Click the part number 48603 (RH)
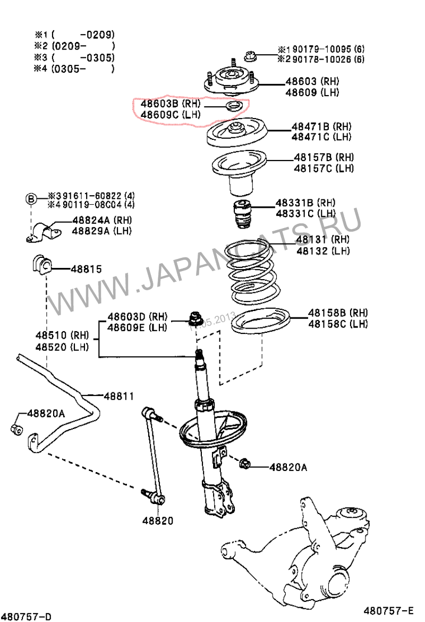click(312, 81)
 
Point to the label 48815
click(86, 270)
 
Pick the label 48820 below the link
click(157, 521)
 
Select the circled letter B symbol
click(31, 199)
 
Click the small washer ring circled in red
click(233, 108)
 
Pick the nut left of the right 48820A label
click(245, 464)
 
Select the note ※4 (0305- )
click(74, 69)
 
